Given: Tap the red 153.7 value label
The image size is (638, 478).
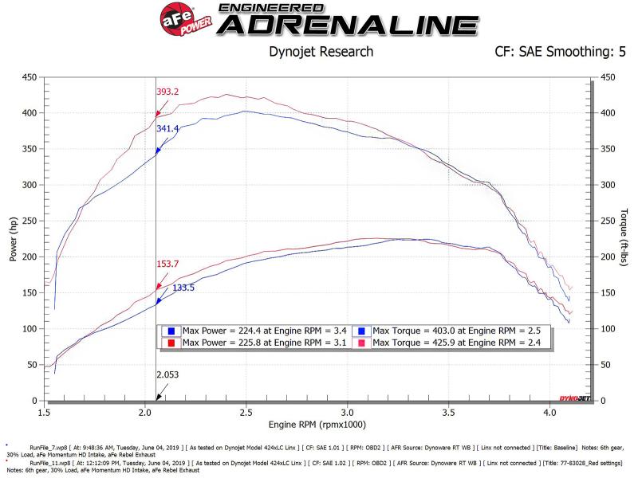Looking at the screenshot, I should pos(167,264).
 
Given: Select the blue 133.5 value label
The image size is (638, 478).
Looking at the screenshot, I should pos(184,288).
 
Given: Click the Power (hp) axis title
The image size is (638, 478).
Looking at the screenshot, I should pos(13,239).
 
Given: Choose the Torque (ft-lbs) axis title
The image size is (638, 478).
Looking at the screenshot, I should pos(623,239).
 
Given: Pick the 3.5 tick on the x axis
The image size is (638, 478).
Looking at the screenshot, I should pos(448,413).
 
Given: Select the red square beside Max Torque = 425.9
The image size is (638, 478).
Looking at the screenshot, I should pos(360,343).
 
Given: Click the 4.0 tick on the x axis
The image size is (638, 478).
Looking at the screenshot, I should pos(549,413).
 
